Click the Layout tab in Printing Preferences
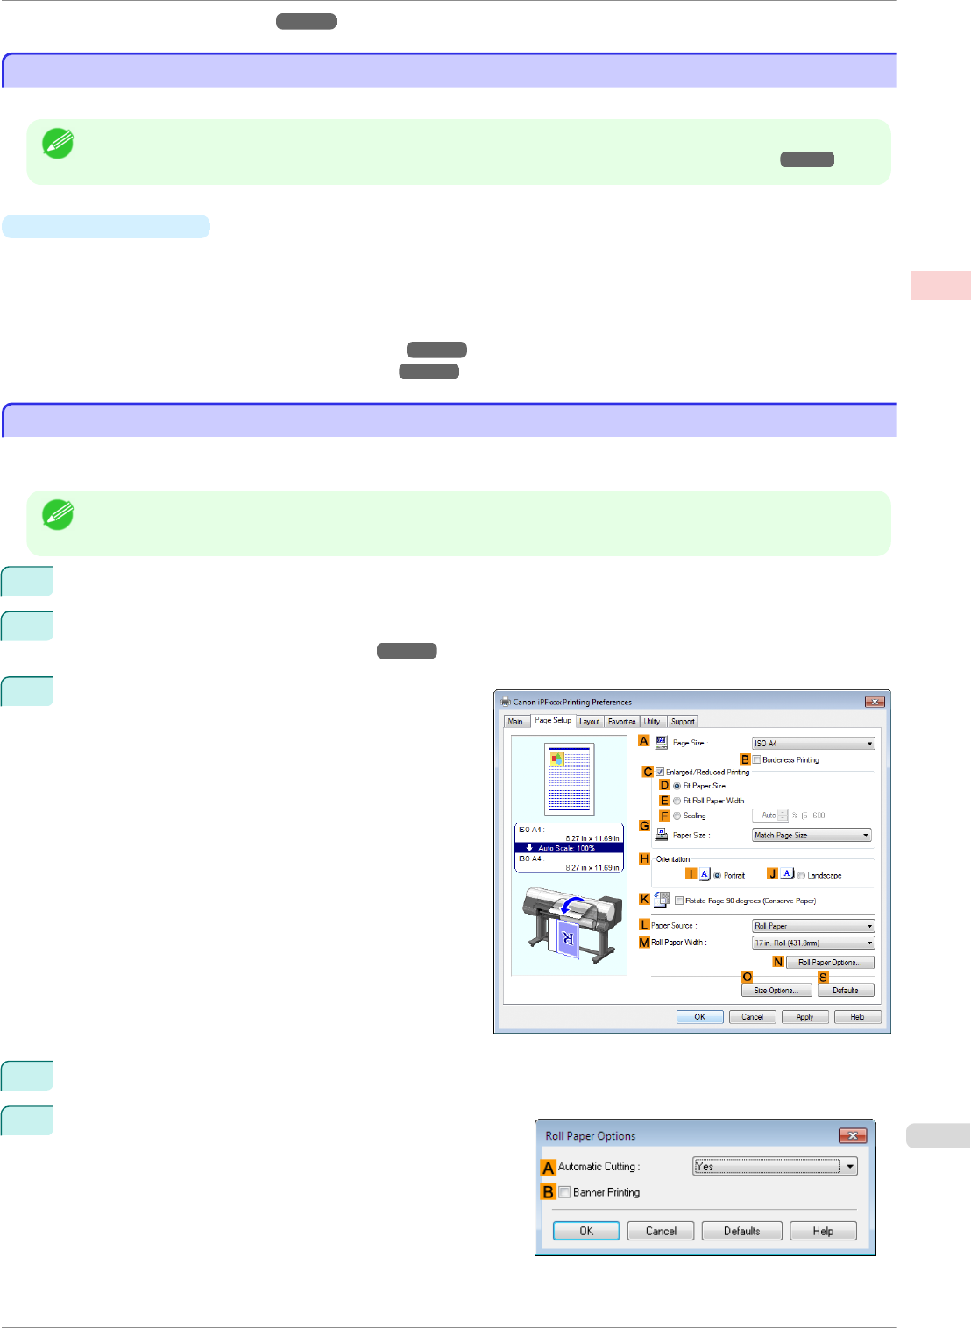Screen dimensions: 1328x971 [x=590, y=722]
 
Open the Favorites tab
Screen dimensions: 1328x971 [x=621, y=722]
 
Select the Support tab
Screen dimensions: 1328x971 [x=683, y=722]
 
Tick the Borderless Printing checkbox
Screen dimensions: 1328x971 [x=756, y=760]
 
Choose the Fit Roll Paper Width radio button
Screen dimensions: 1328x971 [x=677, y=801]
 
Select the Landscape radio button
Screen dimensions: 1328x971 [x=801, y=876]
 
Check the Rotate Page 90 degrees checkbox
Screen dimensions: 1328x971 [x=679, y=901]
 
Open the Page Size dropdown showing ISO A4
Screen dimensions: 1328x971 [x=813, y=744]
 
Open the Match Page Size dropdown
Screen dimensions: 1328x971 [x=812, y=836]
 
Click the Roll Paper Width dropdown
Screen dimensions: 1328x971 [x=813, y=943]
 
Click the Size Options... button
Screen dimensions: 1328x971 [x=776, y=991]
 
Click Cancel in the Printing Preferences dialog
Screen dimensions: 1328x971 [x=752, y=1017]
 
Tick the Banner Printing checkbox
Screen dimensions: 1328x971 [x=565, y=1192]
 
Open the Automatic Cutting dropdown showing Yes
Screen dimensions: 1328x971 [x=775, y=1167]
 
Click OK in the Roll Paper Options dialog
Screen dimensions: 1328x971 [x=586, y=1231]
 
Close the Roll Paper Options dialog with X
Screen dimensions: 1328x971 [x=852, y=1136]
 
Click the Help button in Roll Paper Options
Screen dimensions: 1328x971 [x=823, y=1231]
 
